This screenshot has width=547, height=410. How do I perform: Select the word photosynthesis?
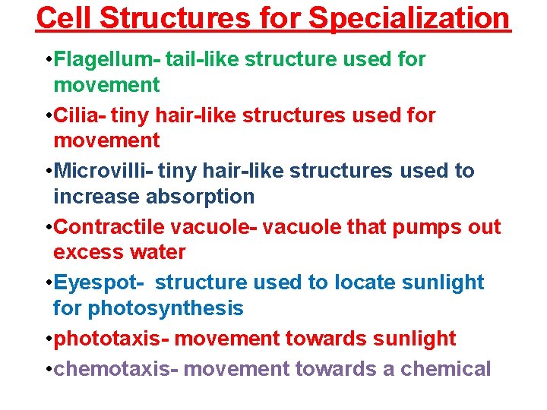point(166,308)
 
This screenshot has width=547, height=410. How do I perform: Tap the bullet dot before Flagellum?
point(49,59)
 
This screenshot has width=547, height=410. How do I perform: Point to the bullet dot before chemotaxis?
point(49,370)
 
